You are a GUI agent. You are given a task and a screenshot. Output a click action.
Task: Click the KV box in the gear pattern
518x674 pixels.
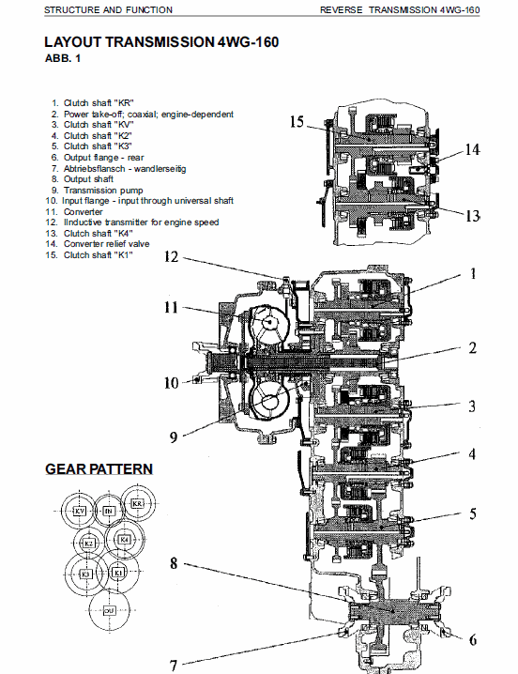tap(80, 511)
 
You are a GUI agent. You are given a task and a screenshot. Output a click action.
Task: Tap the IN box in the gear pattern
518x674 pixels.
tap(108, 511)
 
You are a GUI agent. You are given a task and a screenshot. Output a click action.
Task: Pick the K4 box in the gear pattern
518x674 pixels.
tap(123, 541)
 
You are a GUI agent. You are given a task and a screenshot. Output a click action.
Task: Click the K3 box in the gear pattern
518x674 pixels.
tap(86, 573)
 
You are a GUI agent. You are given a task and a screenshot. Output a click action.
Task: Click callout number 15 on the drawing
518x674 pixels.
tap(297, 122)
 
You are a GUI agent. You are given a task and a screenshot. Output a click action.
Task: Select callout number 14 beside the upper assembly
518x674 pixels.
tap(472, 149)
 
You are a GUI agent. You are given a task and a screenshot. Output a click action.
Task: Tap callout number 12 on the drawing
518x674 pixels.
tap(172, 256)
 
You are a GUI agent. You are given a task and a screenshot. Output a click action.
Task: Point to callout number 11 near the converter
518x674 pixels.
tap(172, 307)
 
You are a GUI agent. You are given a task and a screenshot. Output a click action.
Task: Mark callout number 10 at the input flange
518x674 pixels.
tap(171, 382)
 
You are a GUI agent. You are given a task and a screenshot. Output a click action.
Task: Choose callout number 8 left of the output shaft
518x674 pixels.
tap(174, 563)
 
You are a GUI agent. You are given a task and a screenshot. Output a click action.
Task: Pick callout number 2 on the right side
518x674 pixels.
tap(473, 348)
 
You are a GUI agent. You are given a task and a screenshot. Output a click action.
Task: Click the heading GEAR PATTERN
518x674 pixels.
tap(99, 468)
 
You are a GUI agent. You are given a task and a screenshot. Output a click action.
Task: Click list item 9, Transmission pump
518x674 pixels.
tap(104, 189)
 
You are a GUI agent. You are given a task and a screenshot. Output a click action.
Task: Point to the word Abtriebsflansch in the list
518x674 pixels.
tap(93, 168)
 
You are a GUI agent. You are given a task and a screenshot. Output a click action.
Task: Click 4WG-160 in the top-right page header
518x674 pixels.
tap(459, 9)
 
